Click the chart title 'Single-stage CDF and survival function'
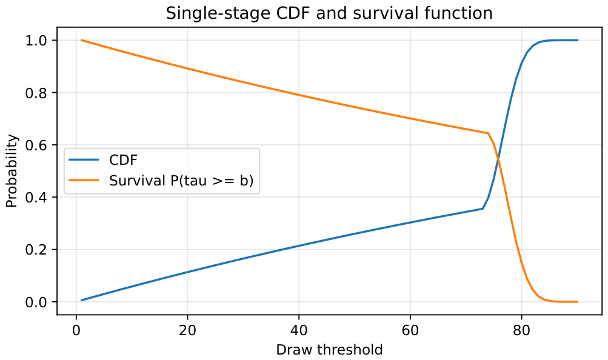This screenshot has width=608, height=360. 329,13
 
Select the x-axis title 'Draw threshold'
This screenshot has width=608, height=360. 329,350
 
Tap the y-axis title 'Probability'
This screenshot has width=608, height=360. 12,171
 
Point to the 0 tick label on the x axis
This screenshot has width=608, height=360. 76,330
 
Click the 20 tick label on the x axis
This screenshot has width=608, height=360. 187,330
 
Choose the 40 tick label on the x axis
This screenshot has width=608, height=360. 299,330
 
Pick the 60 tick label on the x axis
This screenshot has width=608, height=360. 410,330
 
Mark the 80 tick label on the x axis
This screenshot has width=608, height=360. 521,330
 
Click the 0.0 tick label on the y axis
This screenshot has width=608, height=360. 36,302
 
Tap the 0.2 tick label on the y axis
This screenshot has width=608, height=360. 36,250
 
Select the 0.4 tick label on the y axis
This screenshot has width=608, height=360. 36,197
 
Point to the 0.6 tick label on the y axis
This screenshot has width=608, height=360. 36,145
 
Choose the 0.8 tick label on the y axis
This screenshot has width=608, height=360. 36,93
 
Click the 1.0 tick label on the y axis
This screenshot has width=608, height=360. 36,40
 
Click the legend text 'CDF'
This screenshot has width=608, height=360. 123,160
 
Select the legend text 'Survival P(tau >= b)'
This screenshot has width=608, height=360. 181,181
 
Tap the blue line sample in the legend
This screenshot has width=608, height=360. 84,160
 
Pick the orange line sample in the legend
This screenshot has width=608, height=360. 84,180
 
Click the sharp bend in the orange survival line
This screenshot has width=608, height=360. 488,133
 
